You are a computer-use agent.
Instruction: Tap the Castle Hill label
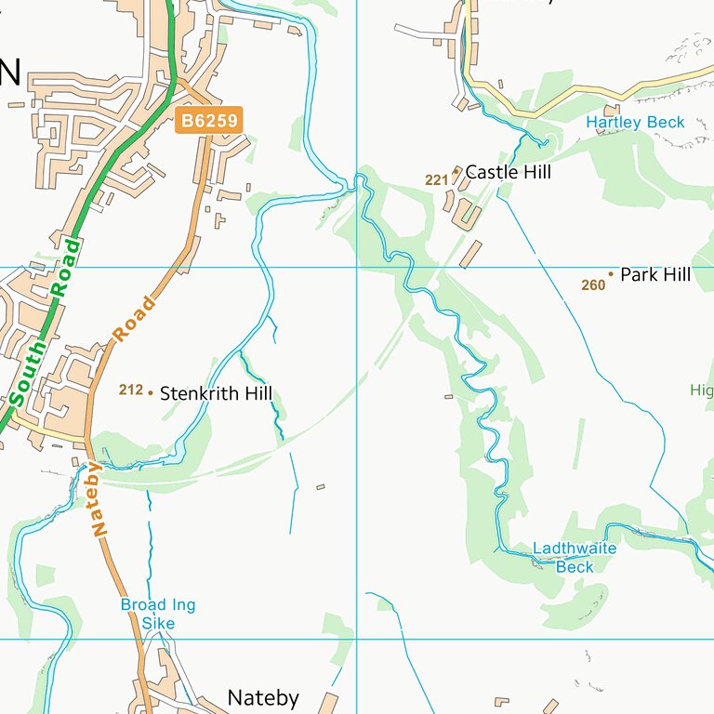pos(508,172)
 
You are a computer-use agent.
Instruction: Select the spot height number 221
pos(437,180)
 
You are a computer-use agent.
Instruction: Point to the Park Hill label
pos(655,275)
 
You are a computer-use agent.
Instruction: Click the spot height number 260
pos(593,285)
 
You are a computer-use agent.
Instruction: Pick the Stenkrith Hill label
pos(216,394)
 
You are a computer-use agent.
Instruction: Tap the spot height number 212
pos(130,390)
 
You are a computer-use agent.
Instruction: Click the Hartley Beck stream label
pos(635,123)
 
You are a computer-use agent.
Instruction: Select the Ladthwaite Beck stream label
pos(575,558)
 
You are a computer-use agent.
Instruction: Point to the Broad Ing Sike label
pos(158,615)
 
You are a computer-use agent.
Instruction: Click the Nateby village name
pos(263,698)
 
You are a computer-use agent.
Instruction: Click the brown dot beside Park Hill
pos(611,274)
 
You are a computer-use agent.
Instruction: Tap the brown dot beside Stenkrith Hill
pos(150,393)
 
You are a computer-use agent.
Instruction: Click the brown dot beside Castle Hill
pos(456,170)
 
